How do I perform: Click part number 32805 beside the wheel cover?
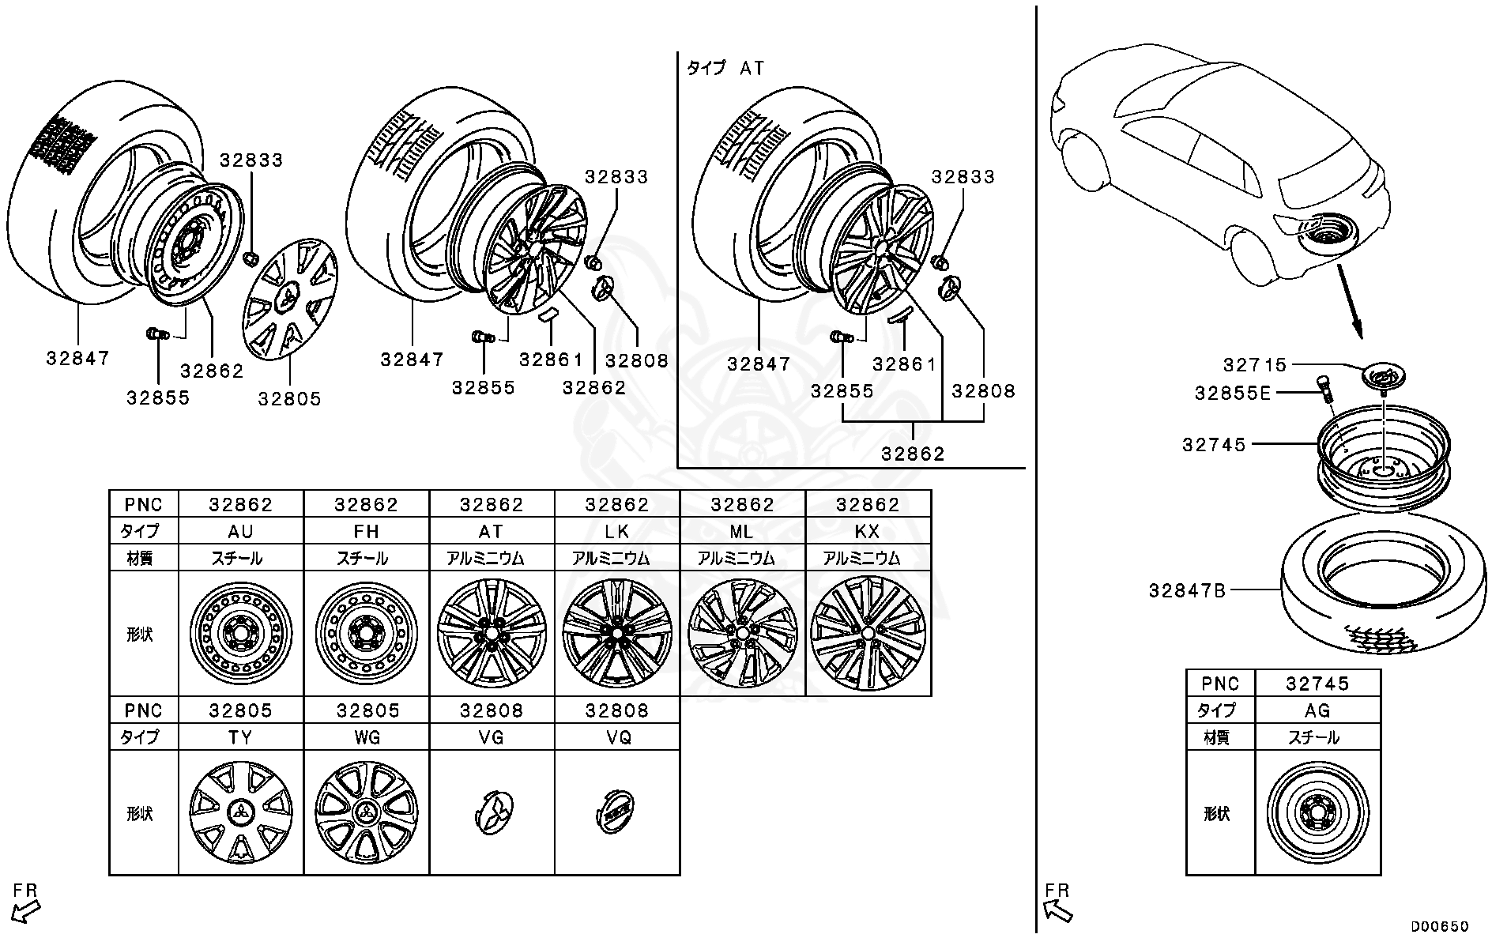point(289,398)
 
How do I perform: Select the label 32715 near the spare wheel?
point(1255,365)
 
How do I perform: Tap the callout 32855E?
point(1233,393)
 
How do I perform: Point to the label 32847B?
point(1187,590)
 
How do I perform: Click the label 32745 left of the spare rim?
point(1214,445)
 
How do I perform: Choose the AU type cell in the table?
point(240,531)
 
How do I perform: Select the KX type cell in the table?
point(868,531)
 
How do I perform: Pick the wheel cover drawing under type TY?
point(240,812)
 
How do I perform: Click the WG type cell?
point(367,737)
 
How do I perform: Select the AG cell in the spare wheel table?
point(1317,710)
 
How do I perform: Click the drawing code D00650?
point(1440,926)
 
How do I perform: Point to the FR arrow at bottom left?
point(26,903)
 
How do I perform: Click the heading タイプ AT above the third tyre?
point(725,68)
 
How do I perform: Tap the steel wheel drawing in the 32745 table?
point(1317,813)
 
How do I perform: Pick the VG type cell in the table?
point(492,737)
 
